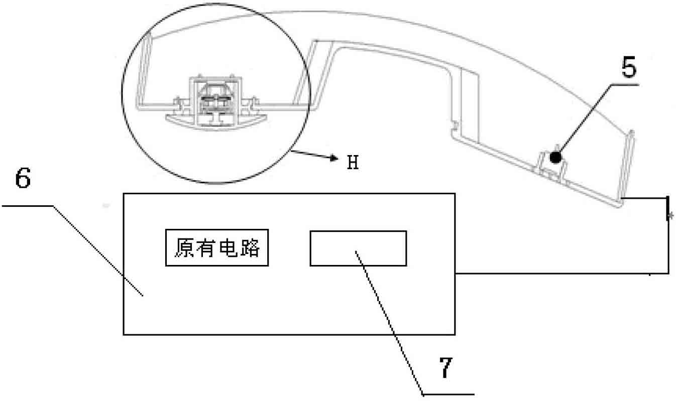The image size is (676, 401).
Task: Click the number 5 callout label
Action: (x=629, y=67)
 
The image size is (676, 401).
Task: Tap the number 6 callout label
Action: (x=23, y=178)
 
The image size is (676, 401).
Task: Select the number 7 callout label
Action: (x=445, y=367)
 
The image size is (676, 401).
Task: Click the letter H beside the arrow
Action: (x=353, y=163)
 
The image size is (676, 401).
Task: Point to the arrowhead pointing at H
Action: (x=334, y=158)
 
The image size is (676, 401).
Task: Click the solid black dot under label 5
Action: (x=555, y=158)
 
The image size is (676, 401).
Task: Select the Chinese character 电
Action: (x=228, y=248)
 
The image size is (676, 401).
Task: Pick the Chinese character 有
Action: (x=206, y=248)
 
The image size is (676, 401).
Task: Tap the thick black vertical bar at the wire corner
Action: (x=667, y=208)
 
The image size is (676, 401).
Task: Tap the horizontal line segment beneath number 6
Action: (x=28, y=206)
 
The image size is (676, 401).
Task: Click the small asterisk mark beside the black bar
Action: (x=671, y=216)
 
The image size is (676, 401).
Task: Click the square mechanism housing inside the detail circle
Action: (x=215, y=101)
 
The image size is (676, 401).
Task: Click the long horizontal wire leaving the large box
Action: (x=562, y=274)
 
